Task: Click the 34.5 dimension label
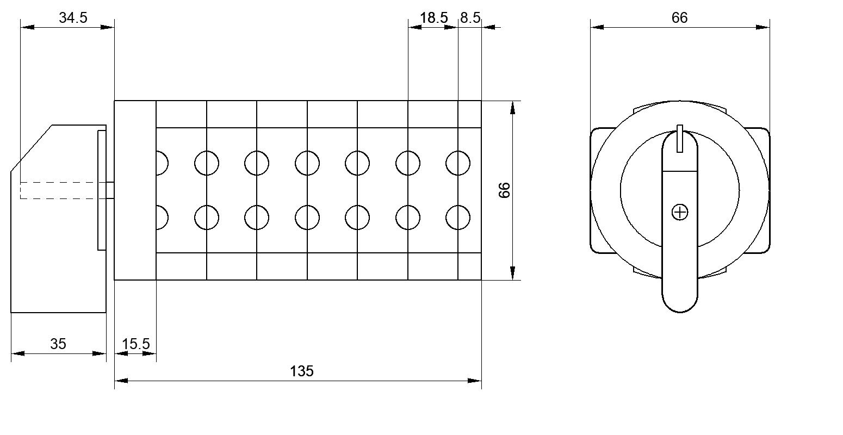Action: [73, 18]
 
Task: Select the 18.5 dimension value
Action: [434, 18]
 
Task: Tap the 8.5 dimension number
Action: [470, 18]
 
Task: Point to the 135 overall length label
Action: [302, 371]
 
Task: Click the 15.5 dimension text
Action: [136, 344]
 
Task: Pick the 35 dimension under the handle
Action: [58, 344]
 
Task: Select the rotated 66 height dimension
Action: [504, 190]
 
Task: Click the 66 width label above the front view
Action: [680, 18]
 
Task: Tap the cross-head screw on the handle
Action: [680, 212]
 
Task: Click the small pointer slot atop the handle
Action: [680, 139]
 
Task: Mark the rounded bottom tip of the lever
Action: [680, 312]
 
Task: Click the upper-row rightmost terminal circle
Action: [458, 163]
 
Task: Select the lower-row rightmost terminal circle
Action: [458, 217]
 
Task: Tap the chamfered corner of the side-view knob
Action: [31, 147]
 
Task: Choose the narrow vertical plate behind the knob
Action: [102, 190]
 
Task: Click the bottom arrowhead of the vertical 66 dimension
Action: [512, 273]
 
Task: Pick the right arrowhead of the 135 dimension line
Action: [474, 381]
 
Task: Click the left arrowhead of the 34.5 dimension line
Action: [28, 27]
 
